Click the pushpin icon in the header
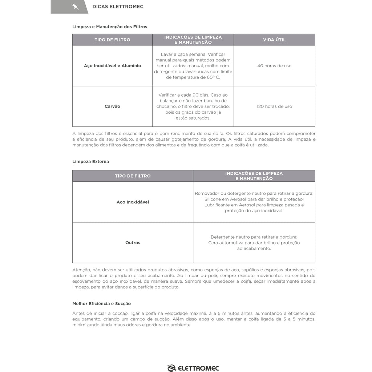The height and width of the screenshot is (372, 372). (x=75, y=7)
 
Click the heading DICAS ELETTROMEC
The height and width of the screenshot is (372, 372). (x=118, y=7)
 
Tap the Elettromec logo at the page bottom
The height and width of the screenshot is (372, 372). (x=193, y=368)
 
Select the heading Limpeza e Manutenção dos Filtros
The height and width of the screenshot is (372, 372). (x=110, y=27)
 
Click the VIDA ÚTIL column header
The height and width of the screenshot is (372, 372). (x=274, y=40)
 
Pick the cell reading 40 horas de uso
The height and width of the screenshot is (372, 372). (x=274, y=66)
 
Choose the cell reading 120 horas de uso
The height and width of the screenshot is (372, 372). (x=274, y=106)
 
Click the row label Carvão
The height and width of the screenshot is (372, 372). (x=112, y=106)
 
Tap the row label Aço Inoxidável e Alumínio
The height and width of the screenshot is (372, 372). (x=112, y=66)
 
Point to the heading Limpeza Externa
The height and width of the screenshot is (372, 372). (x=90, y=161)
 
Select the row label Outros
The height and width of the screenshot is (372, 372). (x=133, y=243)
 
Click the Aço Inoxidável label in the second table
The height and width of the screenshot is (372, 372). (x=133, y=202)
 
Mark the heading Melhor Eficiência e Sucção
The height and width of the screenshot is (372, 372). (x=101, y=303)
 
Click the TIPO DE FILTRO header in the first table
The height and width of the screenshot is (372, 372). (x=112, y=40)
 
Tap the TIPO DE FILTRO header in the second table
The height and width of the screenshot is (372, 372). (x=133, y=176)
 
